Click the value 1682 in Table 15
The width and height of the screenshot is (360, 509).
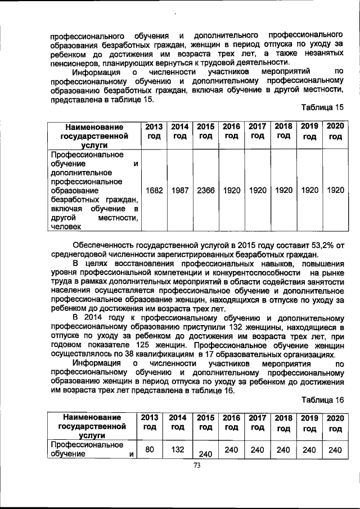pos(154,191)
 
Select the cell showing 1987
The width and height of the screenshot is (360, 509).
pos(180,191)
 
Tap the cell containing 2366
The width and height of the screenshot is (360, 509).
pos(206,191)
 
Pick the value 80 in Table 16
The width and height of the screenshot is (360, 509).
pos(150,449)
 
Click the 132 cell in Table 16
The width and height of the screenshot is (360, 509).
pos(178,449)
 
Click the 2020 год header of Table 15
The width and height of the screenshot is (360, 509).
pos(335,131)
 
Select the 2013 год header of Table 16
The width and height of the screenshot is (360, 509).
pos(149,422)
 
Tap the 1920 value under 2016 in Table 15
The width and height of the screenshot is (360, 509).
pos(232,191)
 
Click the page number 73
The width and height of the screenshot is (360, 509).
pos(197,465)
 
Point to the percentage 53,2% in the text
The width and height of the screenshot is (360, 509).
pos(322,246)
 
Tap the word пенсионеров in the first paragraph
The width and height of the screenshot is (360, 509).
pos(73,62)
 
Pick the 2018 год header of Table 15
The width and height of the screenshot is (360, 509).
pos(283,131)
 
